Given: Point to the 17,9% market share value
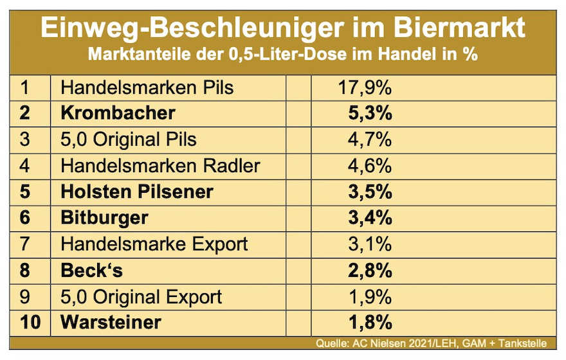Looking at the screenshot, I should [365, 87].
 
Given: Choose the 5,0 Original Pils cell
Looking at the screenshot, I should [129, 139].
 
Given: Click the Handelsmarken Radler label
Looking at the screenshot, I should [160, 165].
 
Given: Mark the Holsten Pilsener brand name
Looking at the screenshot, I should [136, 192].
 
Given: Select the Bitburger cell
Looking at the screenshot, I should [104, 218].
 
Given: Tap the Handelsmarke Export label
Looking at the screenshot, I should [154, 244].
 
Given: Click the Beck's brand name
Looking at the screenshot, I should [91, 271].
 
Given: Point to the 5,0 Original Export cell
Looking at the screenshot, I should [141, 297].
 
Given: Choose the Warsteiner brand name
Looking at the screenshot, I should [111, 323].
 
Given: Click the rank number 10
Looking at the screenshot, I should [30, 323].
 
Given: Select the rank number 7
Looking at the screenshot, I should [25, 244].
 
